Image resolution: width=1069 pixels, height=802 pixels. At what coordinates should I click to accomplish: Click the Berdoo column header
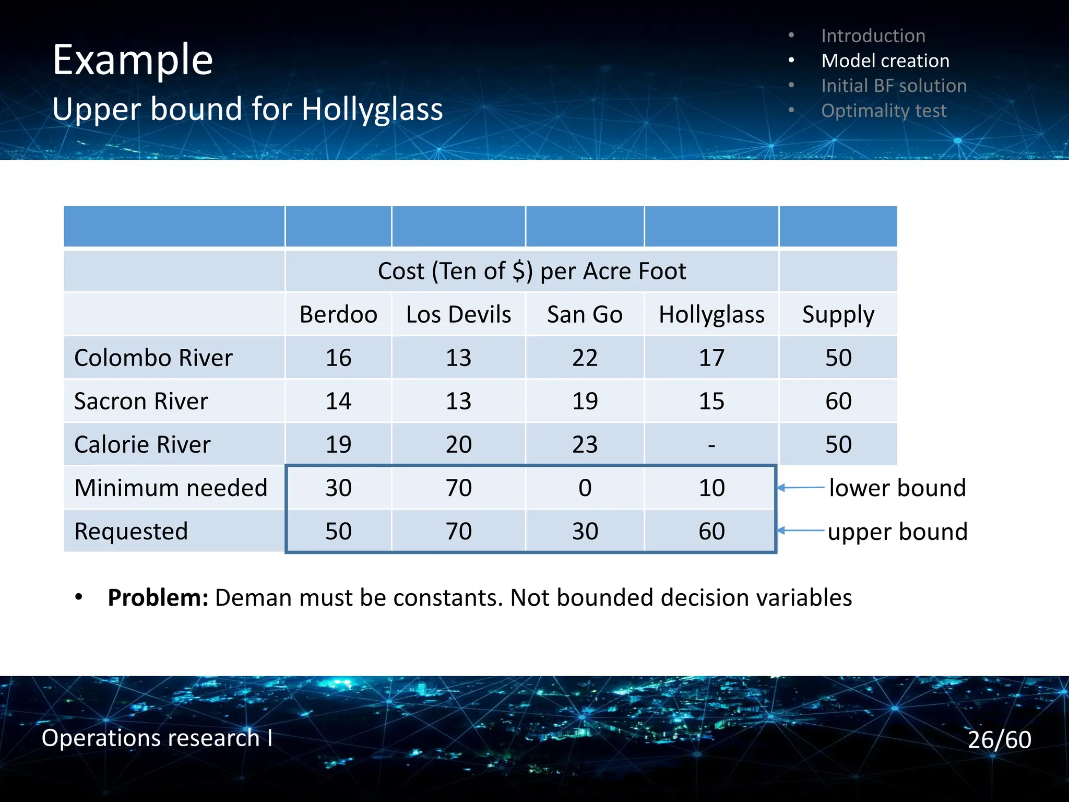(338, 315)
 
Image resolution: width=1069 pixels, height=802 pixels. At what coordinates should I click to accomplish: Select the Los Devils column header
(458, 315)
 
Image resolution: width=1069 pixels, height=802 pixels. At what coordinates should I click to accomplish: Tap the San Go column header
(585, 315)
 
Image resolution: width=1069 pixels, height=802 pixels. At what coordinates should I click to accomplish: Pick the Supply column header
(838, 315)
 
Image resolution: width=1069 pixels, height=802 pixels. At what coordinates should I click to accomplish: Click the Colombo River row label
(153, 358)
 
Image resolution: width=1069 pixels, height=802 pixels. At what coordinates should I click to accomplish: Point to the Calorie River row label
(142, 445)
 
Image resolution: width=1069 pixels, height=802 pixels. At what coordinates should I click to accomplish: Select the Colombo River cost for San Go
(585, 358)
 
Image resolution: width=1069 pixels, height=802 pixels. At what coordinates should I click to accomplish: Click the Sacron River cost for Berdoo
(338, 402)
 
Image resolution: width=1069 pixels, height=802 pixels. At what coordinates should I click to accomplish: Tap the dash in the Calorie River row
(711, 445)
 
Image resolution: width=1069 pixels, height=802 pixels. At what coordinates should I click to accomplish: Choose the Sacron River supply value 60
(838, 402)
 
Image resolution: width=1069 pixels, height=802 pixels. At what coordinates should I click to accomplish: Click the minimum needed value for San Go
(585, 488)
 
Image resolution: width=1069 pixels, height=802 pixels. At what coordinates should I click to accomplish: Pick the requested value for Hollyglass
(711, 532)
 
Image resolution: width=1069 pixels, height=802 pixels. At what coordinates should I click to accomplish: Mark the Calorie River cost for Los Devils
(458, 445)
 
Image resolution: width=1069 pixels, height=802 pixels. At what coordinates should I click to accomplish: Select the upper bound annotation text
(897, 532)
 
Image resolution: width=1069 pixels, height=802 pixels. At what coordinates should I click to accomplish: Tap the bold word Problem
(158, 598)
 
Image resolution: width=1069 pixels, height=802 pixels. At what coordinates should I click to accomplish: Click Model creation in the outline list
(885, 61)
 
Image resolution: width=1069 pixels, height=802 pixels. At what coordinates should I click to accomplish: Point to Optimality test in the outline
(883, 111)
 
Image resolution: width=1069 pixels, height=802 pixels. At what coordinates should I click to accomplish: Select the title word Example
(133, 60)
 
